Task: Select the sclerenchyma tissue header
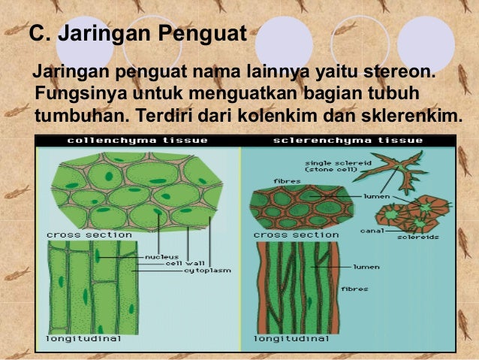[348, 141]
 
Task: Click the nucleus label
[161, 256]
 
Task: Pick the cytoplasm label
[207, 271]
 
